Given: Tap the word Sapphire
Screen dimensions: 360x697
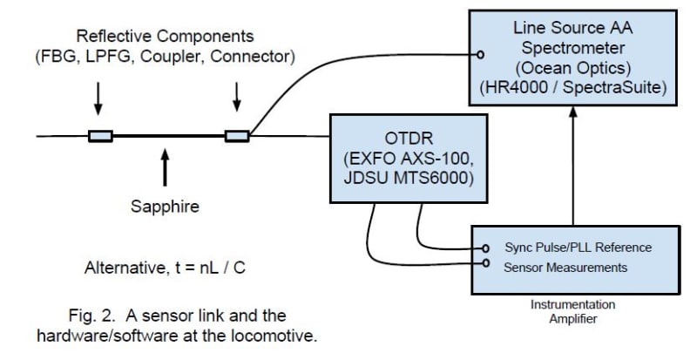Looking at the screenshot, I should click(x=166, y=207).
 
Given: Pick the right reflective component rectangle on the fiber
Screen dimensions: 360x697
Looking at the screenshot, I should click(x=237, y=136).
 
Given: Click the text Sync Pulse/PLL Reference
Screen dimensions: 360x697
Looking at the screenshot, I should click(x=577, y=248).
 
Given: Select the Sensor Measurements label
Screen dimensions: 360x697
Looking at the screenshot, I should click(x=565, y=267).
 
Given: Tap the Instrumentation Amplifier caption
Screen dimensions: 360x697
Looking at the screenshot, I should click(x=572, y=312).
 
